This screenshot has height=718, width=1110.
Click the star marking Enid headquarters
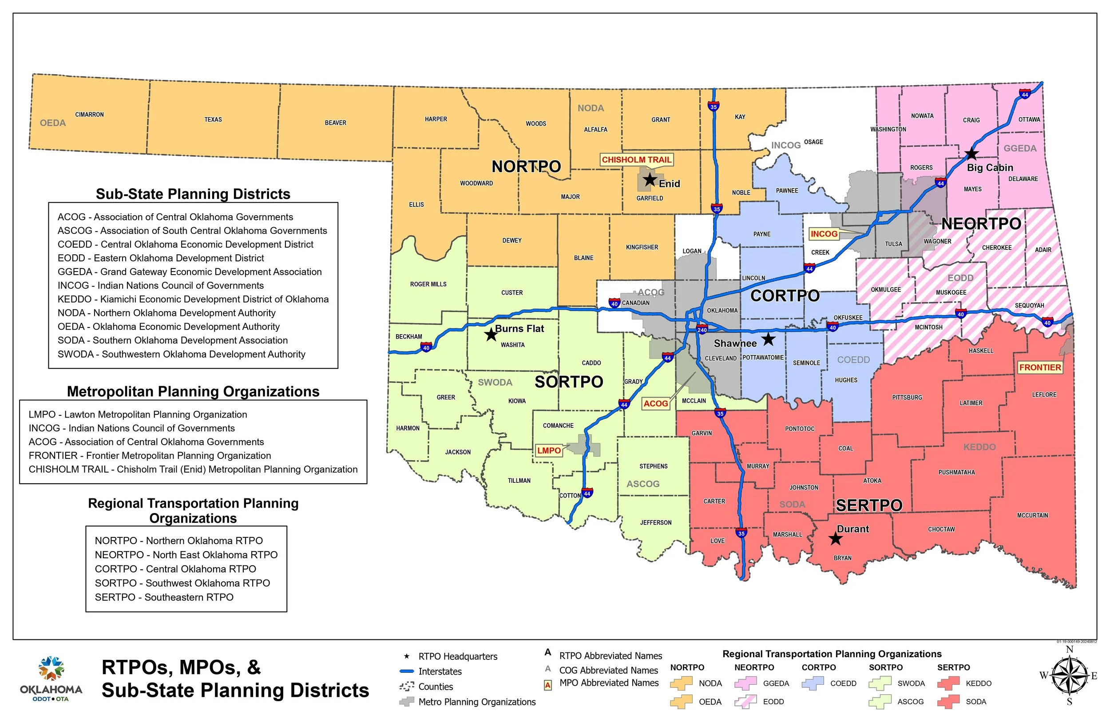click(650, 179)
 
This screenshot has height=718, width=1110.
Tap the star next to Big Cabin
click(971, 154)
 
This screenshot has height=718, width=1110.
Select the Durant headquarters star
click(835, 539)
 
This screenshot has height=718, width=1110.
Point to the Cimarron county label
click(90, 114)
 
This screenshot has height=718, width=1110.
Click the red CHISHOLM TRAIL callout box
click(636, 160)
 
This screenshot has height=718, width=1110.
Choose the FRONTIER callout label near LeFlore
click(1039, 367)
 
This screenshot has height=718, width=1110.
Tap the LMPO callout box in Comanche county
click(548, 450)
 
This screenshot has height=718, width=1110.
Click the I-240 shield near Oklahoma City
click(702, 330)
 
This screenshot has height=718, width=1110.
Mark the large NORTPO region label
click(526, 166)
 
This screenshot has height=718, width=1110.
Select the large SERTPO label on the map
click(869, 505)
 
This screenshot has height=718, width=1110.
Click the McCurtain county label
click(1032, 515)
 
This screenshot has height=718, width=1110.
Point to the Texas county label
click(213, 120)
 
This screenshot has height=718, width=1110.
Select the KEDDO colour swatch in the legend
click(948, 683)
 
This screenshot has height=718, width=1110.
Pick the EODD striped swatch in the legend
click(745, 702)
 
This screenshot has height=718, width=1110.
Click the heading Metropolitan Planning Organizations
click(193, 392)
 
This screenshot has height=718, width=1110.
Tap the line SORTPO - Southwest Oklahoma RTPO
click(182, 583)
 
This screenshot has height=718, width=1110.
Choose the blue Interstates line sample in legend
click(407, 671)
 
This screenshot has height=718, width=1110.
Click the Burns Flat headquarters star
click(491, 334)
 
